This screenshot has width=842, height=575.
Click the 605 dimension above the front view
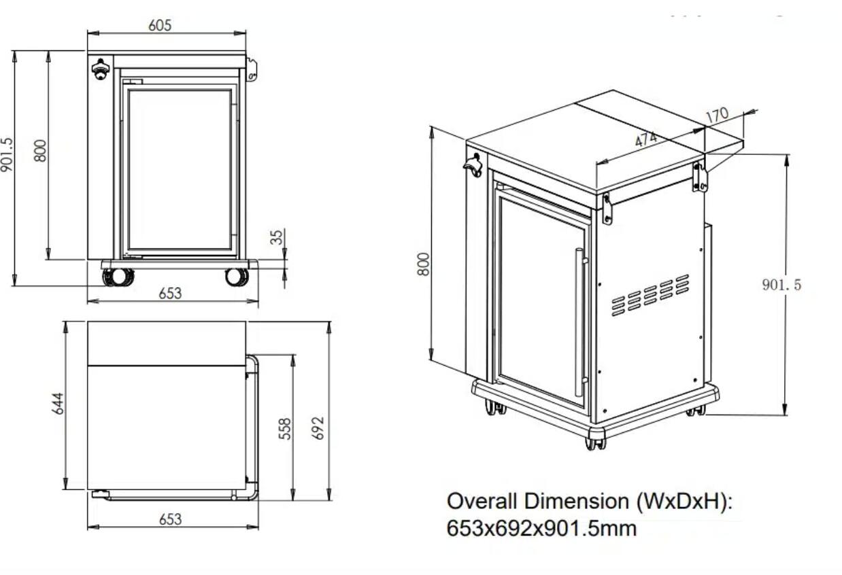coord(160,25)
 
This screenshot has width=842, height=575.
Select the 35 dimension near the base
coord(276,237)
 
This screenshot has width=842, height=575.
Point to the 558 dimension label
coord(286,428)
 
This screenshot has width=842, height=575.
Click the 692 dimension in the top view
coord(318,428)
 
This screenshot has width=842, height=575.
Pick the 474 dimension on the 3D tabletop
coord(647,139)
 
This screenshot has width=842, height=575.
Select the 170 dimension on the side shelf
coord(717,116)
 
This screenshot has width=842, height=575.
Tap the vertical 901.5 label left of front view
coord(7,155)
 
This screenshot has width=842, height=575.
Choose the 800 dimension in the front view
coord(40,150)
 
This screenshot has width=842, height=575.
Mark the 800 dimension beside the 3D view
coord(424,264)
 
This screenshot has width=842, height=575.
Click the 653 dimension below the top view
coord(170,519)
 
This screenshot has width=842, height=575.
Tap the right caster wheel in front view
coord(236,277)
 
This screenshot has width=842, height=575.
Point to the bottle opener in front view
coord(101,69)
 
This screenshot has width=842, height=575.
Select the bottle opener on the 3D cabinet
coord(473,165)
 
